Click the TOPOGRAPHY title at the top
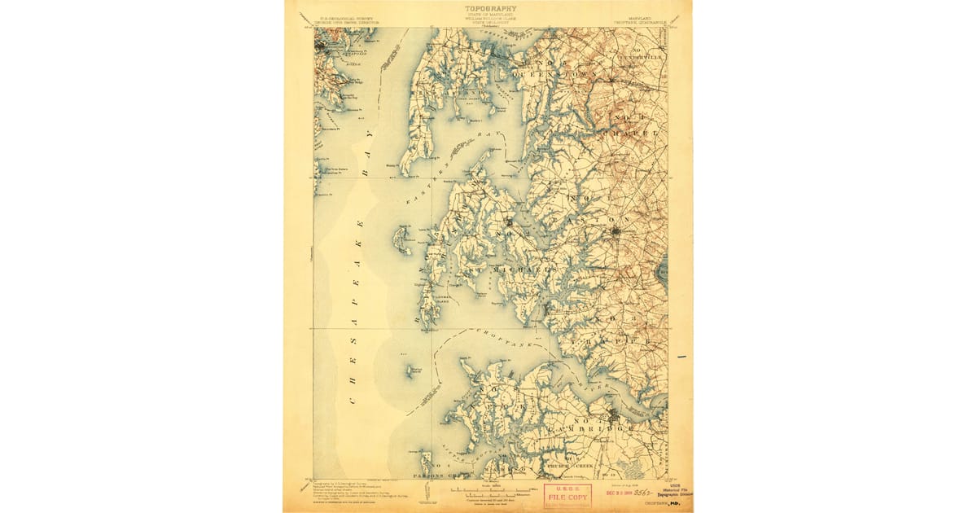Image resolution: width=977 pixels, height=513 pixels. [490, 9]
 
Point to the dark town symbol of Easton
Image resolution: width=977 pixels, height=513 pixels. [616, 233]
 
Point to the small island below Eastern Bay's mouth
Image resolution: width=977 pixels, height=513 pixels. [401, 239]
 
